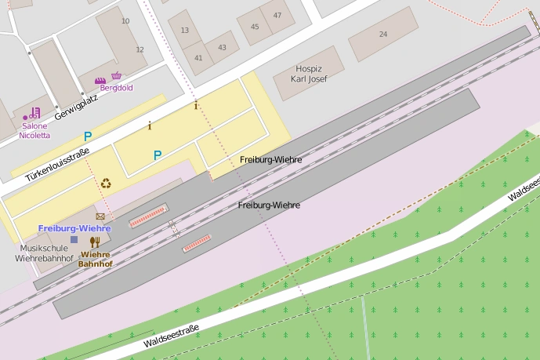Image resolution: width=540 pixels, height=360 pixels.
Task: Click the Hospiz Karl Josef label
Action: [x=309, y=73]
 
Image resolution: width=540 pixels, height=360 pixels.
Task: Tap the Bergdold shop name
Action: [x=116, y=87]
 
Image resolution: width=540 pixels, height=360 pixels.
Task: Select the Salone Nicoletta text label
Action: [x=34, y=130]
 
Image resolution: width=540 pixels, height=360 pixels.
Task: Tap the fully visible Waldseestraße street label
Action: [x=172, y=336]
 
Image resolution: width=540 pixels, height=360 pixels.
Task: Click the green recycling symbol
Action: [x=105, y=184]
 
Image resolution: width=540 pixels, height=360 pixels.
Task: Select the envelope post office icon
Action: [x=100, y=216]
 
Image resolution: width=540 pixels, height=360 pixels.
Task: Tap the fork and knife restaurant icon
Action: [x=95, y=242]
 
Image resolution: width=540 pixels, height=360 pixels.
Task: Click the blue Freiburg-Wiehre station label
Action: [x=74, y=228]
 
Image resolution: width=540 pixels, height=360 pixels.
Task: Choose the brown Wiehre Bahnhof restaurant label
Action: [x=95, y=260]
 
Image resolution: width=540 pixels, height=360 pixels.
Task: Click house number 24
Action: [x=383, y=35]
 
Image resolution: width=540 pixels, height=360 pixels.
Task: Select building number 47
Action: [x=277, y=16]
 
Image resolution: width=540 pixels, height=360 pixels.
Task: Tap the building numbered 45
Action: [x=255, y=27]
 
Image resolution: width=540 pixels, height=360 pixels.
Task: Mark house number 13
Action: [x=185, y=31]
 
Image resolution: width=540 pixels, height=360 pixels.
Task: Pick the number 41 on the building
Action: [x=199, y=57]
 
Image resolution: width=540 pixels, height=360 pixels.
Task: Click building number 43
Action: [x=222, y=47]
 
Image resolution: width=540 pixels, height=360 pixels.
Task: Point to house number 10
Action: [x=125, y=21]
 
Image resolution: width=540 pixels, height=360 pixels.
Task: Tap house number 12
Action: [x=140, y=49]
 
